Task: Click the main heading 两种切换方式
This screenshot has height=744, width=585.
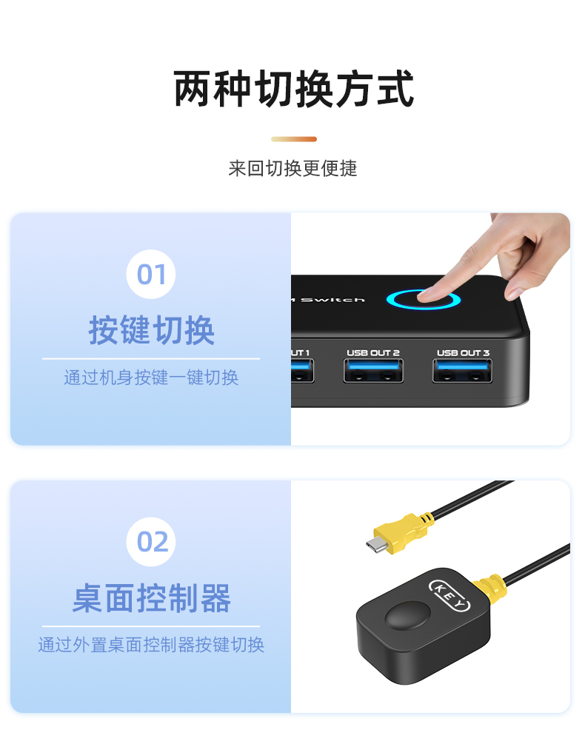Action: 294,88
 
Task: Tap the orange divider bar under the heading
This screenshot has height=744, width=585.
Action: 294,139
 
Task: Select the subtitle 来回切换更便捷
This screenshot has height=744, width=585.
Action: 292,169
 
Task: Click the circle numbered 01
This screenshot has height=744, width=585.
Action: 151,274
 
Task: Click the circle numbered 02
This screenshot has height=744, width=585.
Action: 151,541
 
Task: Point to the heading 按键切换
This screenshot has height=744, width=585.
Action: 151,330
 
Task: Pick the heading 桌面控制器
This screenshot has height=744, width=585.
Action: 151,598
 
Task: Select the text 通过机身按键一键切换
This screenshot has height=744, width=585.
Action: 151,378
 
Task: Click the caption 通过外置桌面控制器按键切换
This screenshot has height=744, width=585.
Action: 151,645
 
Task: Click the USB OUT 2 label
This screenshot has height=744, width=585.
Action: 373,352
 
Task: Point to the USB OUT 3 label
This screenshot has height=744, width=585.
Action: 463,352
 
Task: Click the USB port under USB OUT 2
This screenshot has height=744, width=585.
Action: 373,371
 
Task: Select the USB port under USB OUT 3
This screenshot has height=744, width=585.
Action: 463,371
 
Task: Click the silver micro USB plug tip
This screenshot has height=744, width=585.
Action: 377,545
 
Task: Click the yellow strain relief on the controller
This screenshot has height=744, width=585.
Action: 490,588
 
